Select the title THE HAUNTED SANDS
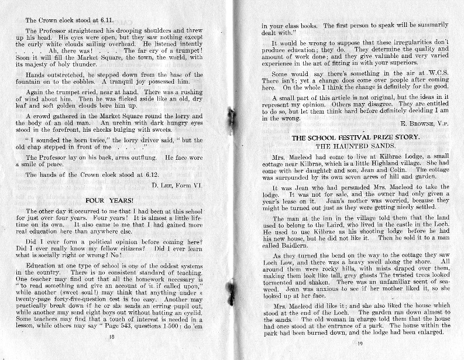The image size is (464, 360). [x=348, y=145]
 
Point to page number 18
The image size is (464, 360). [x=111, y=337]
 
